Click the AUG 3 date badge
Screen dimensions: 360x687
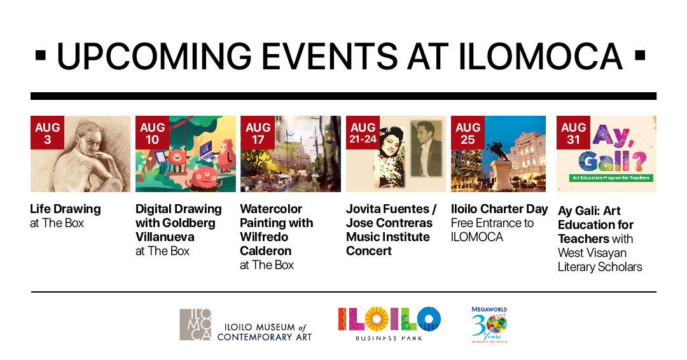point(48,132)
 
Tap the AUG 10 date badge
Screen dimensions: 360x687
point(153,132)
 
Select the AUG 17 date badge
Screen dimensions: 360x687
point(258,132)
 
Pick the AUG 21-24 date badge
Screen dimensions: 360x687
point(363,132)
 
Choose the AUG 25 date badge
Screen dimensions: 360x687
point(468,132)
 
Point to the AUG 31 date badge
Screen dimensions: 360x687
point(574,132)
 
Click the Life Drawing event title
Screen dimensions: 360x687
point(66,209)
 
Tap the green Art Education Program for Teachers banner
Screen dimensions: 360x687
point(611,177)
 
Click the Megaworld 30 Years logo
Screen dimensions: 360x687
point(489,324)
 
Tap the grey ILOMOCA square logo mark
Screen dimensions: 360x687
point(195,324)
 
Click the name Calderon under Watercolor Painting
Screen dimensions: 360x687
point(265,251)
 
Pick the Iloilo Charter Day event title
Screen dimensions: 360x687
point(499,209)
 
